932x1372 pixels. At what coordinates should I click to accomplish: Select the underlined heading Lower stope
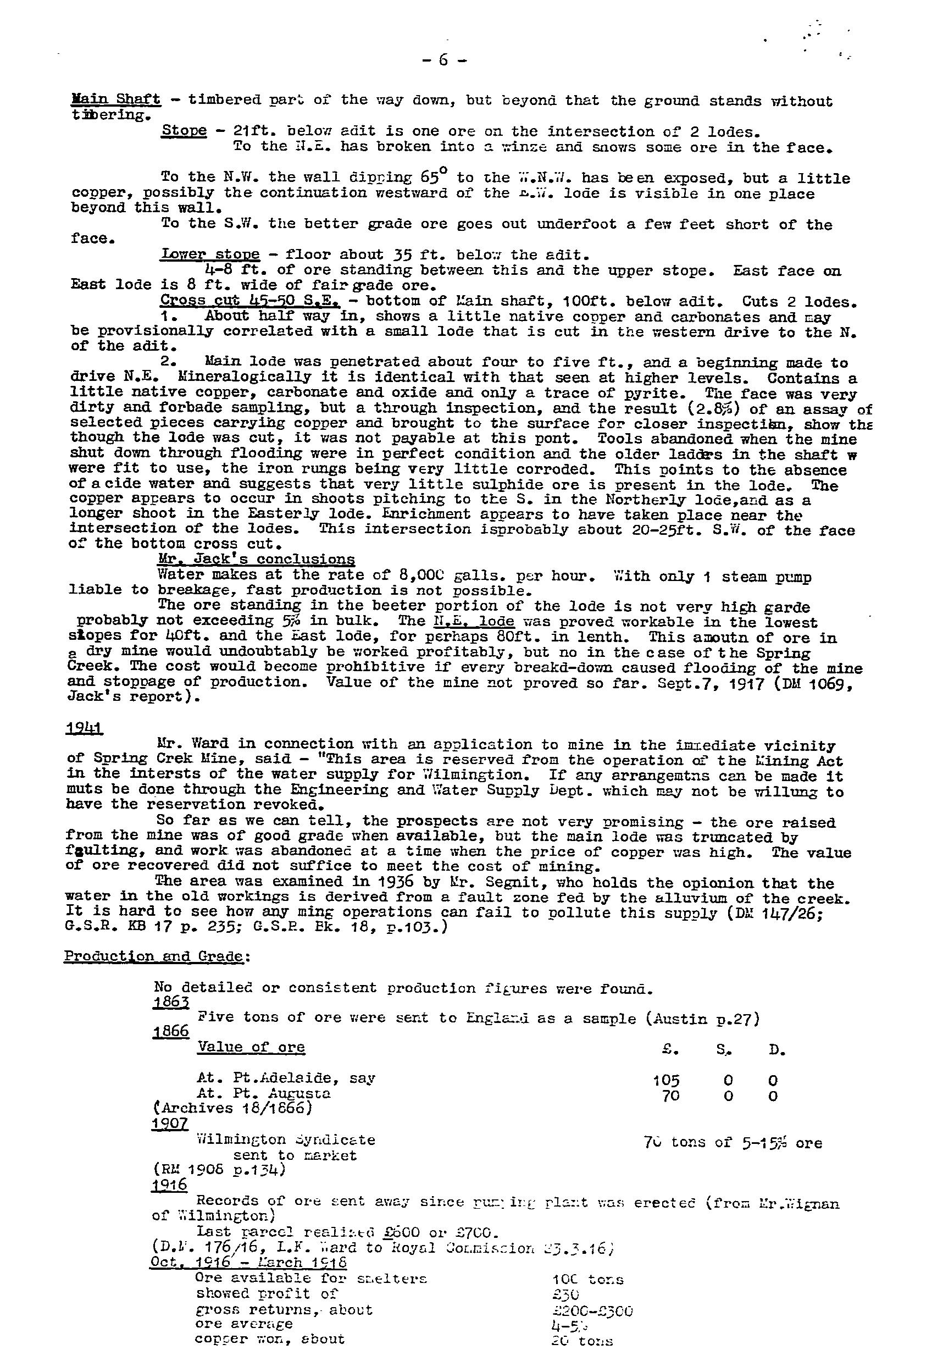(x=210, y=255)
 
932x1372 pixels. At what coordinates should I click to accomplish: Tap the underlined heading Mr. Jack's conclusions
(x=257, y=559)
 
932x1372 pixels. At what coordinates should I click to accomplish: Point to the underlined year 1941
(x=85, y=728)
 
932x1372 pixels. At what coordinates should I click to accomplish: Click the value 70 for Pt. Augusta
(x=670, y=1096)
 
